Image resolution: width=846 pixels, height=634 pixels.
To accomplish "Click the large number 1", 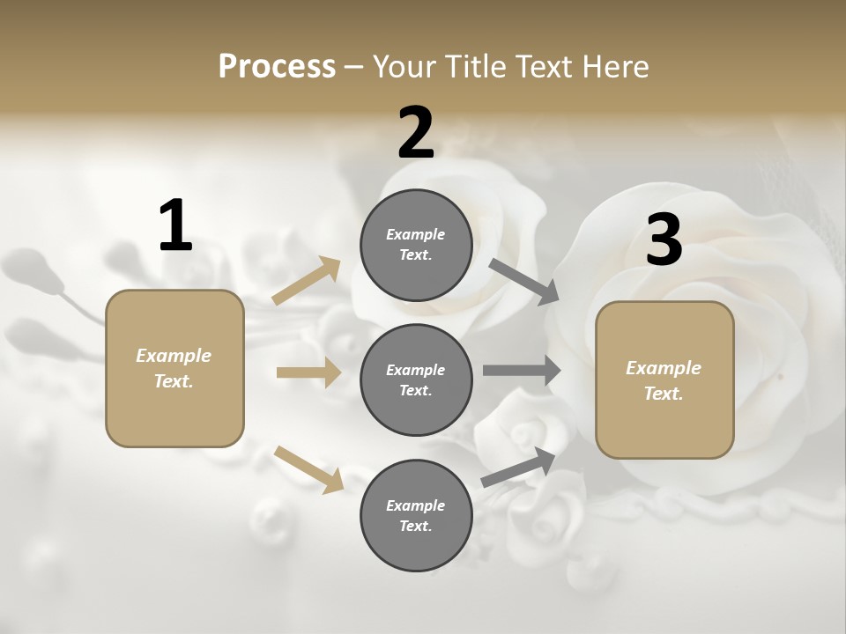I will tap(175, 225).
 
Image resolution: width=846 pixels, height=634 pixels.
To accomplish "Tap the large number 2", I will tap(416, 133).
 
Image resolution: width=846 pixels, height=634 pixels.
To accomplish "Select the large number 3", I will tap(664, 240).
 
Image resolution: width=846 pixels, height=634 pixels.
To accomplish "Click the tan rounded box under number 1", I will tap(174, 368).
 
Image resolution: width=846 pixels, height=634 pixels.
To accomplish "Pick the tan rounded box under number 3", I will tap(664, 380).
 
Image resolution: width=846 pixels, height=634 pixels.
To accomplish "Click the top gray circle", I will tap(416, 245).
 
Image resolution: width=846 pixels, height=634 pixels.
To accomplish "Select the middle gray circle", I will tap(416, 380).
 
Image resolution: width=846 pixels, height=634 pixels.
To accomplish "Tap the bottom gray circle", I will tap(416, 515).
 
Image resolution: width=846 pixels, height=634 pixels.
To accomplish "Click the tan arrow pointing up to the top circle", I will tap(307, 281).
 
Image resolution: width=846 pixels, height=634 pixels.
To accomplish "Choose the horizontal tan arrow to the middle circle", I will tap(308, 372).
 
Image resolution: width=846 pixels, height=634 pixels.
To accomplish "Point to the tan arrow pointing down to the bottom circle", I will tap(308, 468).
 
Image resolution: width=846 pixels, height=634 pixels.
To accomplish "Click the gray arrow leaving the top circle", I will tap(524, 281).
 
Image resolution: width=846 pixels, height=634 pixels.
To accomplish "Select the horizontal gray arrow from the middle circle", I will tap(522, 371).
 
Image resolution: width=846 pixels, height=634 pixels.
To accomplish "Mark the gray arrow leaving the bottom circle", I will tap(518, 467).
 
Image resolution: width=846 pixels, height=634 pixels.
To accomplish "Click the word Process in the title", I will tap(277, 66).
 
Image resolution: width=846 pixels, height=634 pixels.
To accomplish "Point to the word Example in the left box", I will tap(174, 356).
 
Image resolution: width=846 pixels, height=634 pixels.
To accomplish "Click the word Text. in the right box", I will tap(664, 394).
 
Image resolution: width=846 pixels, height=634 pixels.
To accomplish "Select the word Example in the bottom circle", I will tap(415, 505).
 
